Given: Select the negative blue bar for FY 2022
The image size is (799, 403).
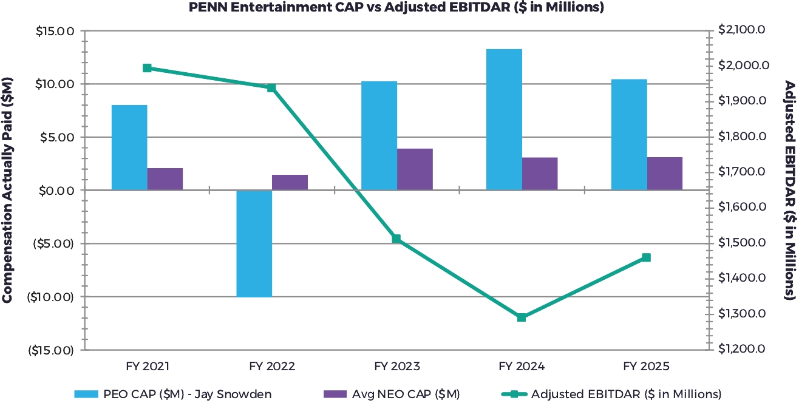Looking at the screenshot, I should point(254,243).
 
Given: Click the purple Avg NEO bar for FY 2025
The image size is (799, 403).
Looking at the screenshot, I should point(665,174).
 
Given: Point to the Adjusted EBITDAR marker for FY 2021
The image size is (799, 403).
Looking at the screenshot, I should point(147,68).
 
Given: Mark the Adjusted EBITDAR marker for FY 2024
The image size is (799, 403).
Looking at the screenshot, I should point(522,317).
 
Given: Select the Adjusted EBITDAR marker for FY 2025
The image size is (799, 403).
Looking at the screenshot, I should point(646,257).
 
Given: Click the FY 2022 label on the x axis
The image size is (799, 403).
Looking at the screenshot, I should point(271,367).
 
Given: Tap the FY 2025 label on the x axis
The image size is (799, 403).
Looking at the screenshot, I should point(646,367).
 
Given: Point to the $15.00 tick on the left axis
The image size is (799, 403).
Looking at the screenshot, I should point(55,31).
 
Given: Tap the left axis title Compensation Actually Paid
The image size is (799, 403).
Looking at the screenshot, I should point(8,189).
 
